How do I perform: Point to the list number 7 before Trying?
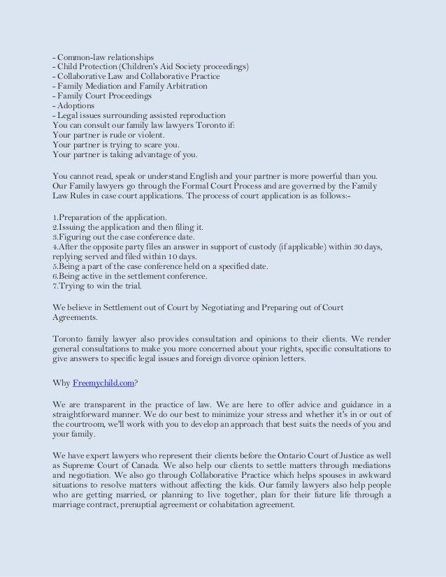[x=55, y=286]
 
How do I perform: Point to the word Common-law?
[x=85, y=56]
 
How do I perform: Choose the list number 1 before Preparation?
[x=55, y=217]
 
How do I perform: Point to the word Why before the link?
[x=62, y=382]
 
